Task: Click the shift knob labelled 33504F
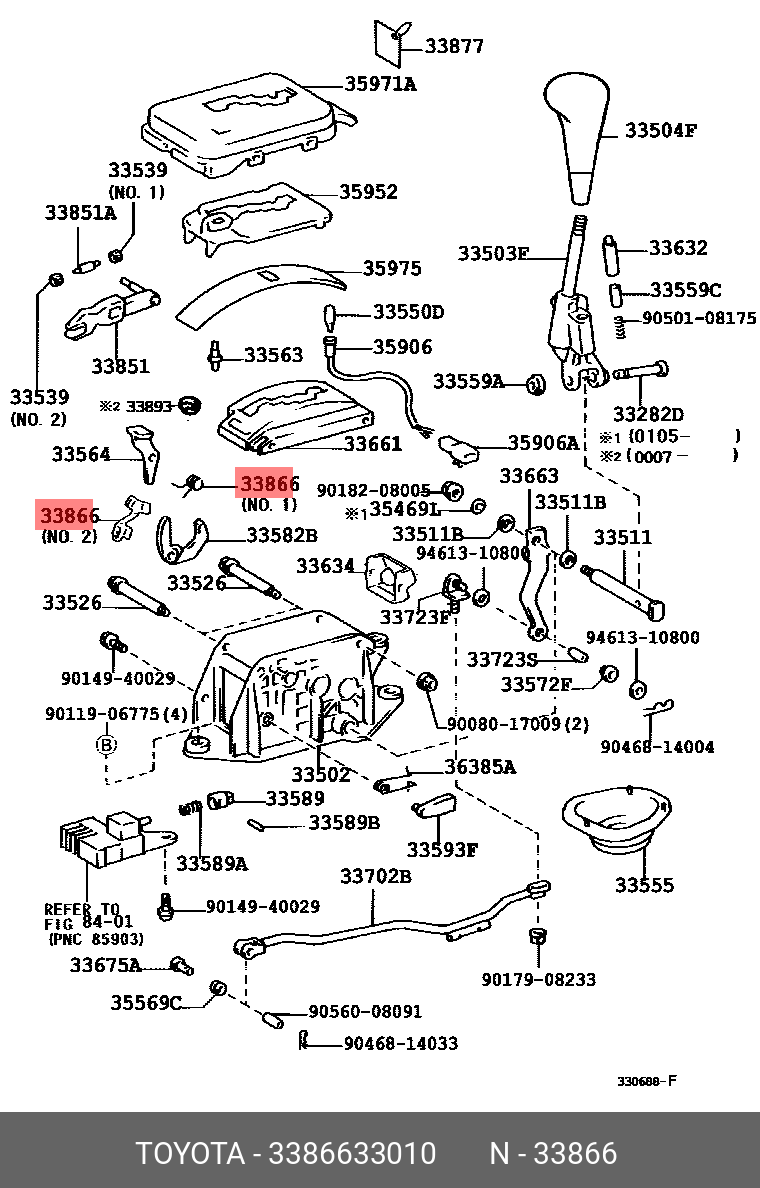point(577,135)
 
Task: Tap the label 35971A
point(380,84)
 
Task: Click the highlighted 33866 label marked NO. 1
point(267,485)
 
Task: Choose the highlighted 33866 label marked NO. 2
point(69,516)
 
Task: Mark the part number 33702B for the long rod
point(376,876)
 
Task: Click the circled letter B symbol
point(106,744)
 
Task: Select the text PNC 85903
point(96,939)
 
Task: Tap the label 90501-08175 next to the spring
point(699,319)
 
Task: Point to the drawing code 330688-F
point(647,1081)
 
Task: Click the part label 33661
point(372,444)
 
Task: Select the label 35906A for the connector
point(543,442)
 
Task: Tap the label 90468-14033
point(400,1043)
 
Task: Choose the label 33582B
point(282,535)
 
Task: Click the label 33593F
point(442,850)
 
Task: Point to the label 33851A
point(80,213)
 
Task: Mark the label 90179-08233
point(538,979)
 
